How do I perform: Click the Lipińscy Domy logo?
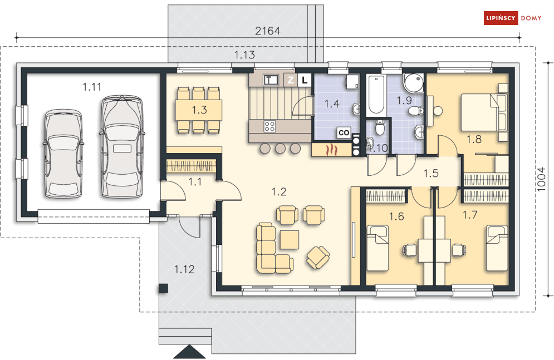(x=512, y=18)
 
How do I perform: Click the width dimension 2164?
(x=268, y=31)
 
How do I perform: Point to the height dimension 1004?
(x=541, y=179)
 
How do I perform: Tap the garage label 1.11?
(x=92, y=86)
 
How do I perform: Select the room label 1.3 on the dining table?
(x=199, y=110)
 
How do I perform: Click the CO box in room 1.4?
(x=344, y=133)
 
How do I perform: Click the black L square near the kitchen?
(x=305, y=80)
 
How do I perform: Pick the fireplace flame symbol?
(x=332, y=150)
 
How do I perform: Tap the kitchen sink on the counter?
(x=271, y=80)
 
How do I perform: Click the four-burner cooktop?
(x=269, y=126)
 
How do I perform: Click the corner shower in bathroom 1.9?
(x=414, y=83)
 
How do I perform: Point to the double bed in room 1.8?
(x=484, y=112)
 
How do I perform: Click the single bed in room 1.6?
(x=377, y=248)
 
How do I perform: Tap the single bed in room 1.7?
(x=497, y=248)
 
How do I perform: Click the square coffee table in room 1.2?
(x=290, y=240)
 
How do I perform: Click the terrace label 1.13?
(x=244, y=55)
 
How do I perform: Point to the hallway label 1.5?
(x=431, y=173)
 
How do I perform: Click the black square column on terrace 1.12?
(x=163, y=288)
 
